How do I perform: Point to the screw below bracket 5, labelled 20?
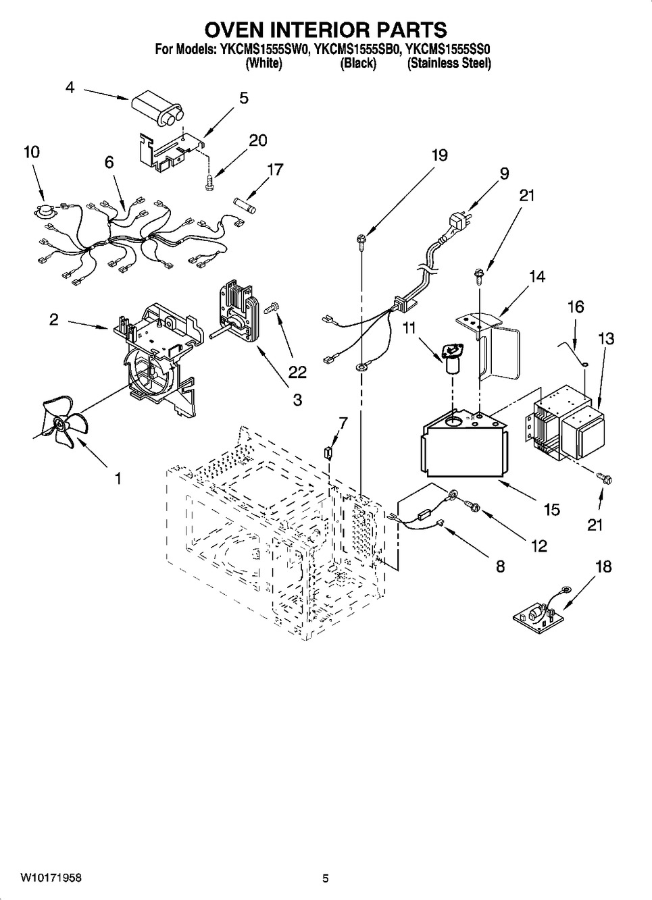[209, 181]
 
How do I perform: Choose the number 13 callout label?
[606, 340]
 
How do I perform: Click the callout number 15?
[552, 510]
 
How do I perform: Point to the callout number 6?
[109, 162]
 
